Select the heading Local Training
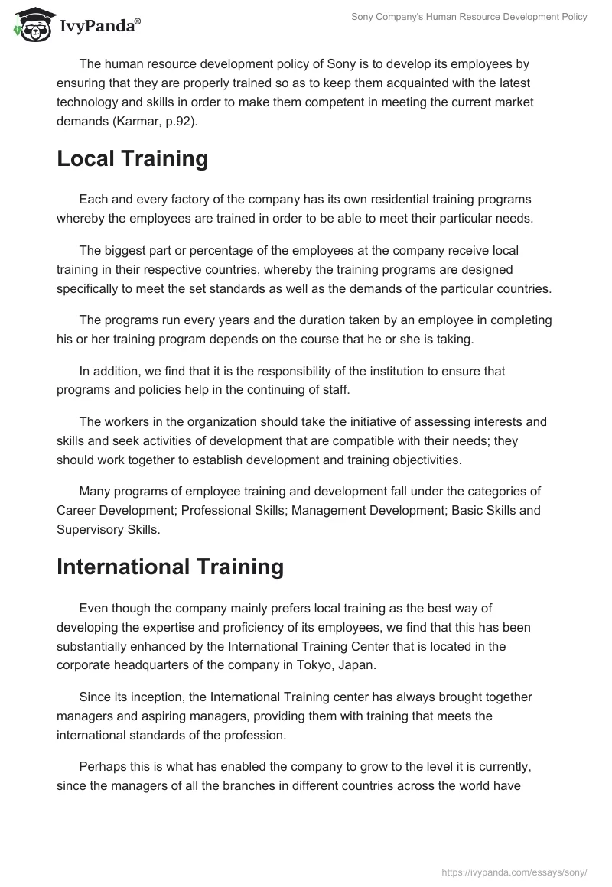pos(132,159)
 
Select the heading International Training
pos(170,567)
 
